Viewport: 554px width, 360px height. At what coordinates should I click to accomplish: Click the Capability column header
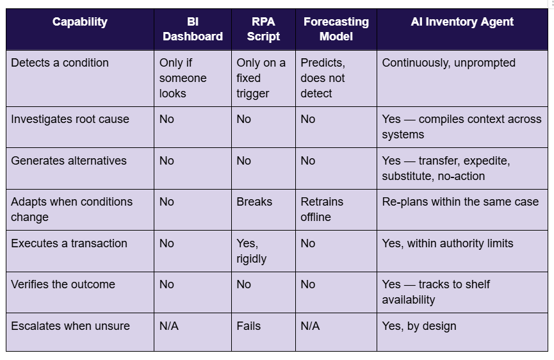click(80, 22)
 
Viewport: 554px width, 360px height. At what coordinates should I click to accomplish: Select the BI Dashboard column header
click(193, 29)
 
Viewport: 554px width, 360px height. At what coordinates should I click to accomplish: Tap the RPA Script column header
click(263, 29)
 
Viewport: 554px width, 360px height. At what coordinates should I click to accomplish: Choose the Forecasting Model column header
click(336, 29)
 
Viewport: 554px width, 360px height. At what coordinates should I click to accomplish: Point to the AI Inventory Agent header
click(462, 22)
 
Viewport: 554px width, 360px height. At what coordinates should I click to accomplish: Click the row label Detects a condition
click(60, 63)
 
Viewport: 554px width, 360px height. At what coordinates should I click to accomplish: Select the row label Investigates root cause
click(70, 119)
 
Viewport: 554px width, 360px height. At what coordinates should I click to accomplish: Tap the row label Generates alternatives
click(69, 161)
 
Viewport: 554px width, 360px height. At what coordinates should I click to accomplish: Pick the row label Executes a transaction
click(69, 243)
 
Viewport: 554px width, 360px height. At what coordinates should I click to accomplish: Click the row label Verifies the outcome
click(63, 284)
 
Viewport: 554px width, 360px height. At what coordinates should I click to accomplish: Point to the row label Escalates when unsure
click(70, 326)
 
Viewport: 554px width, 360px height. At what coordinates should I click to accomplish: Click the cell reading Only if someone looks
click(183, 78)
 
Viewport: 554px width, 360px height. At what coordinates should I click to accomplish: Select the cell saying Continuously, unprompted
click(448, 63)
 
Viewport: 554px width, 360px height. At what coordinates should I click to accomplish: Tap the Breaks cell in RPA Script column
click(254, 202)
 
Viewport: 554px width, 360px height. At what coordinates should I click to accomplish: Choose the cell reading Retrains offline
click(322, 209)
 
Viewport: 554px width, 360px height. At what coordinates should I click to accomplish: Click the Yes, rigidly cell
click(251, 251)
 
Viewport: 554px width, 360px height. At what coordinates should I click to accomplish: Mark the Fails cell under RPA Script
click(248, 326)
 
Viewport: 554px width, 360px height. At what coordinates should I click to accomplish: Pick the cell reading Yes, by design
click(419, 326)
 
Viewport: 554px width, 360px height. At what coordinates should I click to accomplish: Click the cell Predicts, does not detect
click(323, 78)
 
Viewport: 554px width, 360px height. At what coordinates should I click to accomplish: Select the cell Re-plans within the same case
click(460, 202)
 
